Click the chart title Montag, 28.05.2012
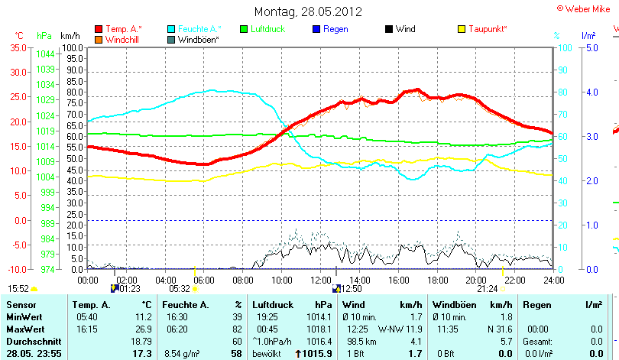(x=309, y=12)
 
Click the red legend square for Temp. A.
(x=99, y=29)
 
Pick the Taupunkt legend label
(x=488, y=29)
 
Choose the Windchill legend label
(x=122, y=39)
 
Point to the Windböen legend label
(x=198, y=39)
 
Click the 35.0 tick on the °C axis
(x=17, y=47)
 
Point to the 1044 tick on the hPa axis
(x=45, y=54)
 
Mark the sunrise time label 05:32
(x=180, y=289)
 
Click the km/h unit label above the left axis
(x=70, y=36)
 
